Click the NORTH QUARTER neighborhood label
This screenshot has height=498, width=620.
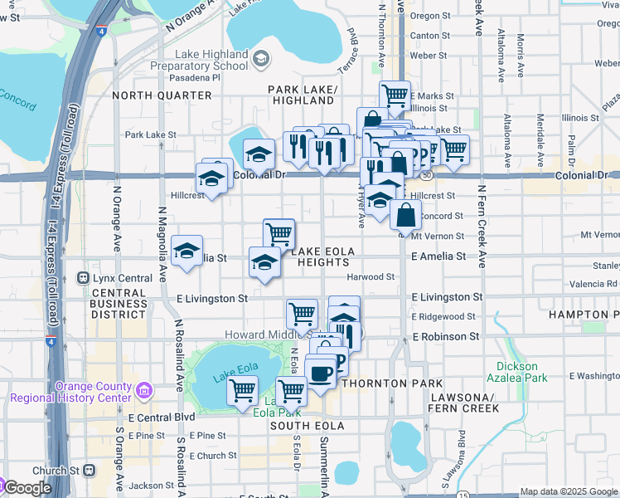tap(162, 95)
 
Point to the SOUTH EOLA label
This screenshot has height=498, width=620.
tap(301, 426)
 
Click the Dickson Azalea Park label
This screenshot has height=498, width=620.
tap(522, 372)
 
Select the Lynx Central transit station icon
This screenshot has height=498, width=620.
tap(83, 277)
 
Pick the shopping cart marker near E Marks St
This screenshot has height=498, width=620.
tap(395, 95)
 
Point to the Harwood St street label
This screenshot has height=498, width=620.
tap(371, 277)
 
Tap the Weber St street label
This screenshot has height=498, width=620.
tap(429, 56)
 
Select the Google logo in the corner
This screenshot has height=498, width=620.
tap(27, 488)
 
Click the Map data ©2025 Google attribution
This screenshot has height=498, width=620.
tap(569, 491)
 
